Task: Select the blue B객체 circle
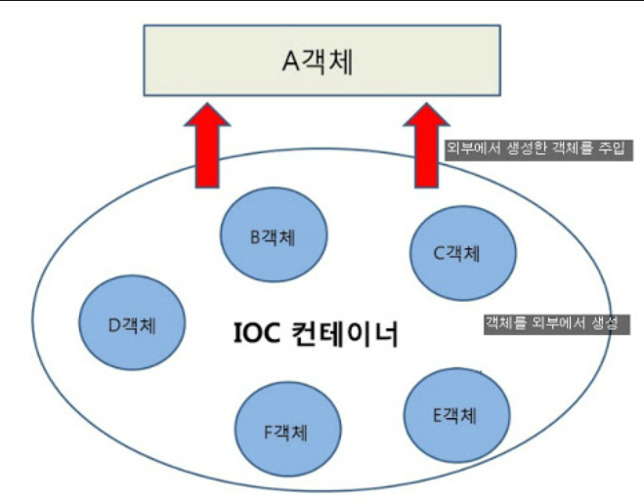[273, 235]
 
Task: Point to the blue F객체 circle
[288, 430]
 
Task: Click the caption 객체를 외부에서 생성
[554, 323]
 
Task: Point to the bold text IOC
[257, 336]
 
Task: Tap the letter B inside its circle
[253, 236]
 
